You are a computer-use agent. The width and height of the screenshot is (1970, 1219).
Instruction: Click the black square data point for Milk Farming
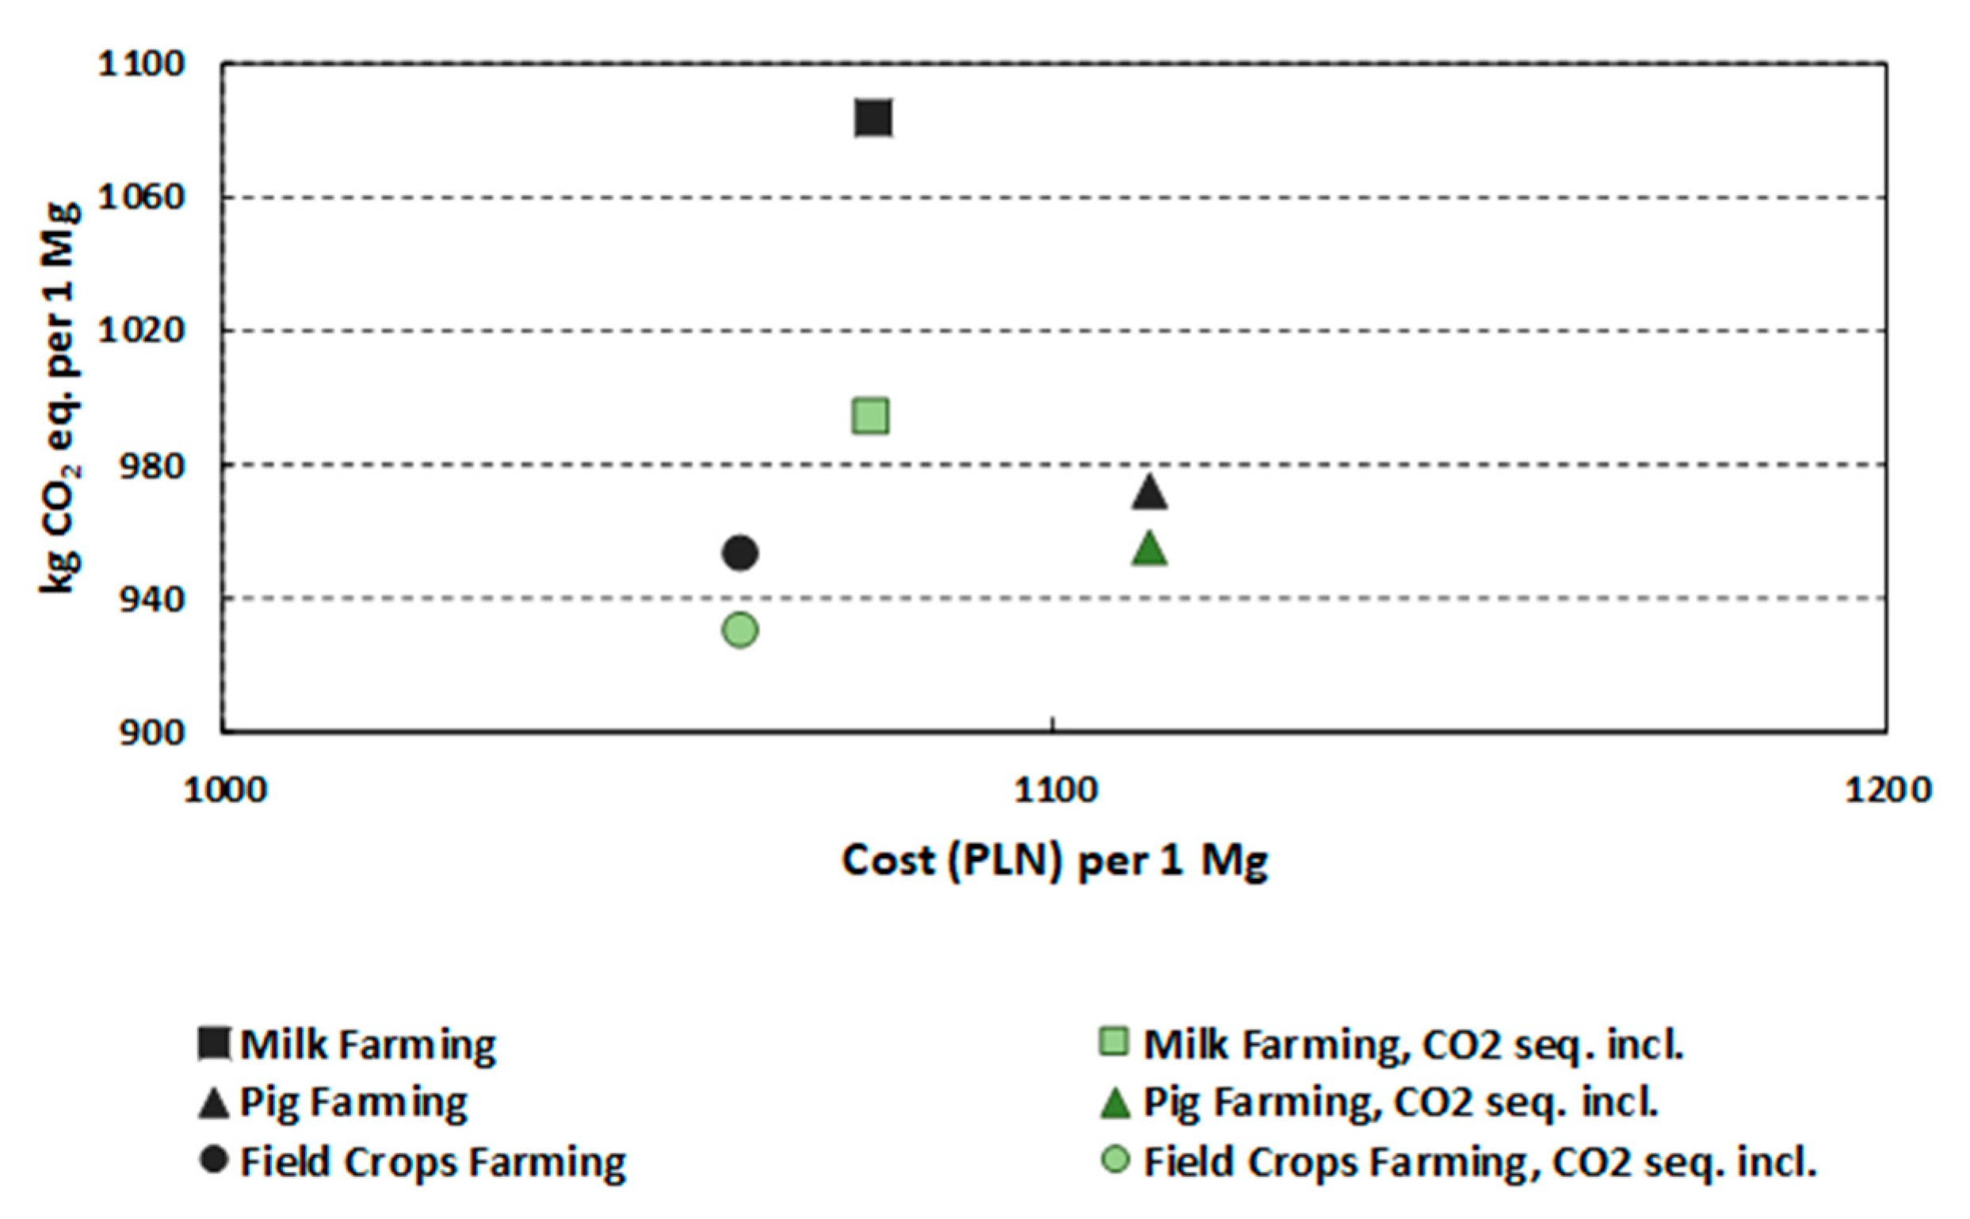click(873, 119)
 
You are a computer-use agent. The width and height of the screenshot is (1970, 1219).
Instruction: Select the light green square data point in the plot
click(871, 417)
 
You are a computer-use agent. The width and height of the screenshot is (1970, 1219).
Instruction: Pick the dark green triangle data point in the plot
click(1150, 550)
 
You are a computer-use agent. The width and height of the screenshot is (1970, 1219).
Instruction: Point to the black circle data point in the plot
click(740, 553)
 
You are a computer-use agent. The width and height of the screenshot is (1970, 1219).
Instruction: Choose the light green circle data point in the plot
click(740, 629)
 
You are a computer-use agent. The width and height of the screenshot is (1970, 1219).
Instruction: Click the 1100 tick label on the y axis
click(142, 63)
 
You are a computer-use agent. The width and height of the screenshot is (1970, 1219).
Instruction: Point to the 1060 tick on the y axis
click(142, 197)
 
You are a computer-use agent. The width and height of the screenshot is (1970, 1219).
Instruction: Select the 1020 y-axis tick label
click(142, 331)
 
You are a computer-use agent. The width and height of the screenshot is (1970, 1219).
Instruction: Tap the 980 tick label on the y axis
click(152, 465)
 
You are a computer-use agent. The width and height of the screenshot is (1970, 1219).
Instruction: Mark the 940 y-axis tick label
click(152, 599)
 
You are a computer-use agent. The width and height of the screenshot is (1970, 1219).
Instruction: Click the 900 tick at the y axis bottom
click(152, 733)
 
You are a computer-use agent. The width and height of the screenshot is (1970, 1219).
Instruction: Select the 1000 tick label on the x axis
click(225, 791)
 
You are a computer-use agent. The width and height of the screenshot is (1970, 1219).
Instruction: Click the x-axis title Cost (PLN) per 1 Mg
click(1055, 862)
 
